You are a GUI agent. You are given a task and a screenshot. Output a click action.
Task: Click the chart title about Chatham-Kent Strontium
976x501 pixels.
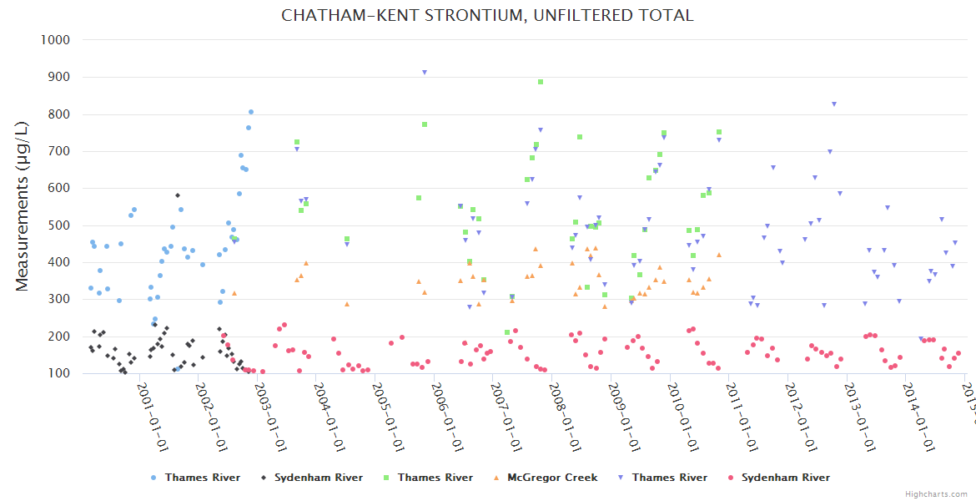pos(487,16)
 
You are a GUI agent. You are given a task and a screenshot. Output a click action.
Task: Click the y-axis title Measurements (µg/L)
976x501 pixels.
pos(23,206)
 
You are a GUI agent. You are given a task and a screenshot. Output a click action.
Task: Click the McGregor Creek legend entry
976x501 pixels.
pos(552,478)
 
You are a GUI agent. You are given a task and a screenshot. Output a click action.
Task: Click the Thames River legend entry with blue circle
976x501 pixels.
pos(202,478)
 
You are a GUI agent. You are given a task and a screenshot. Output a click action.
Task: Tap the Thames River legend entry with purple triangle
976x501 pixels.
pos(669,478)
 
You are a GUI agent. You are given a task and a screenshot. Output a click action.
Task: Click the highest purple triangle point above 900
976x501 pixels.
pos(425,73)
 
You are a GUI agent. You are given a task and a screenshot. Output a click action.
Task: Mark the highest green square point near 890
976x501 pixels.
pos(541,82)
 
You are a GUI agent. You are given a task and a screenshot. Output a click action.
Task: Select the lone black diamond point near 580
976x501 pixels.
pos(178,195)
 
